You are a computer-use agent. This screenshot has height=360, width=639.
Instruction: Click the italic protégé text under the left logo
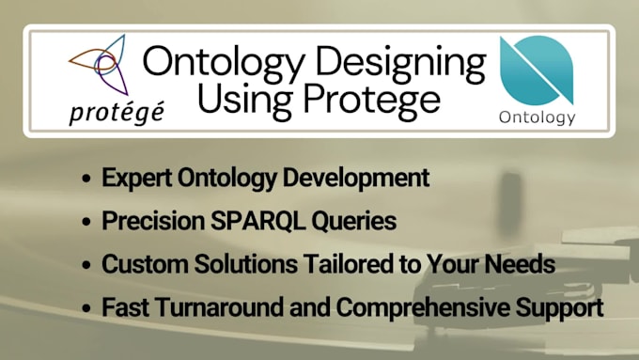(116, 112)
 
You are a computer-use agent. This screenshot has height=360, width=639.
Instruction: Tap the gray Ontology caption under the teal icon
(538, 117)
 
